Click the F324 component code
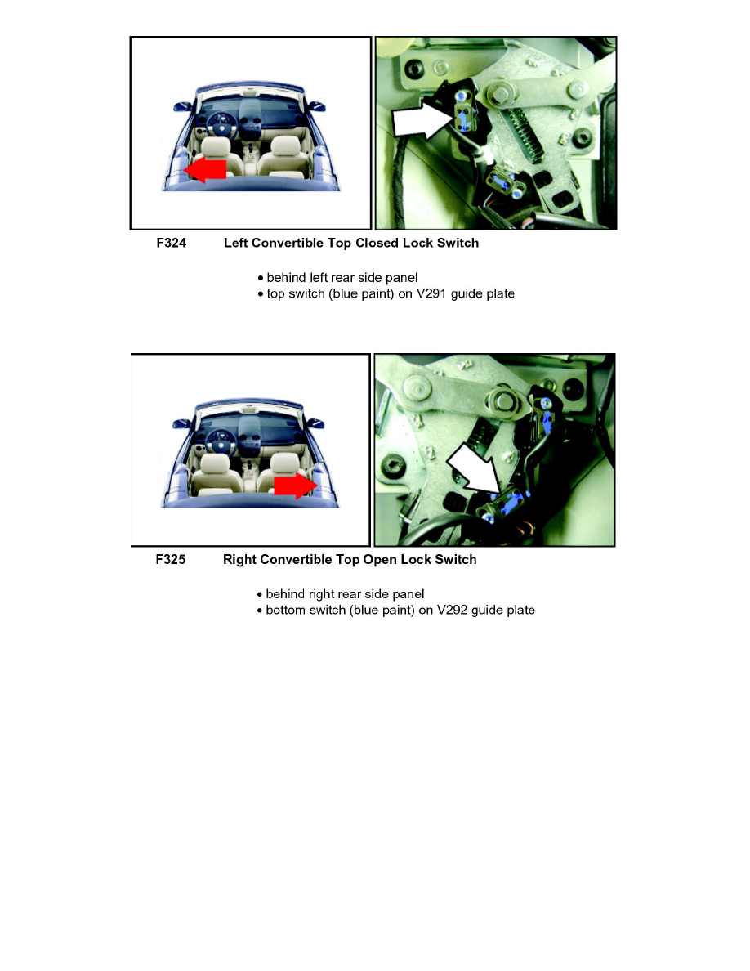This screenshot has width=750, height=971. pyautogui.click(x=172, y=243)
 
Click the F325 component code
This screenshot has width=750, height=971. pyautogui.click(x=171, y=559)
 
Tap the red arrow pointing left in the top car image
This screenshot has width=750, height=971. pyautogui.click(x=205, y=169)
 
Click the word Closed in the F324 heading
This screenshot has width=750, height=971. pyautogui.click(x=377, y=243)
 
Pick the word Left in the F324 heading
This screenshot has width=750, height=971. pyautogui.click(x=236, y=243)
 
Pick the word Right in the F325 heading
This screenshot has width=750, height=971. pyautogui.click(x=239, y=559)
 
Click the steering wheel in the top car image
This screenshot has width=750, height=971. pyautogui.click(x=218, y=120)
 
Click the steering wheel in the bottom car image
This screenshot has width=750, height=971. pyautogui.click(x=217, y=437)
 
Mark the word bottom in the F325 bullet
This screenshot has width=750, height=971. pyautogui.click(x=286, y=610)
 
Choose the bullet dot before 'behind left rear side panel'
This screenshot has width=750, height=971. pyautogui.click(x=261, y=278)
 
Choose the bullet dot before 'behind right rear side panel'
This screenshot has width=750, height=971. pyautogui.click(x=260, y=594)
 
